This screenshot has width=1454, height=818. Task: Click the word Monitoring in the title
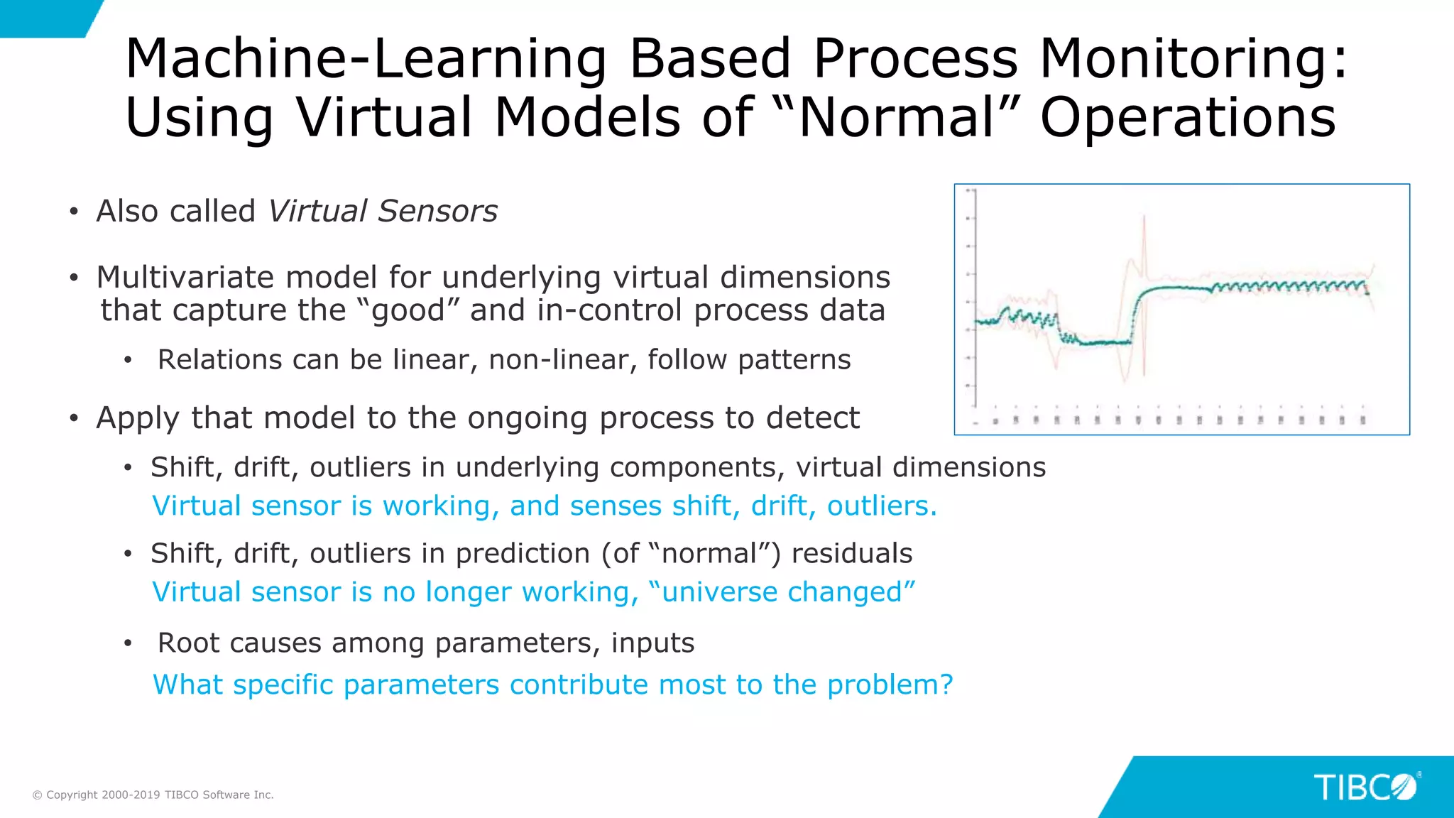(x=1193, y=58)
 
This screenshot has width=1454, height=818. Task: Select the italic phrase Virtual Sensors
(x=383, y=211)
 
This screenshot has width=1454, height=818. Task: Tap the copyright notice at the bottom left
(x=153, y=795)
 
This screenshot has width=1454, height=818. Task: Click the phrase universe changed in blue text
(x=781, y=591)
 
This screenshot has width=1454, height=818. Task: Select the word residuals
(x=851, y=553)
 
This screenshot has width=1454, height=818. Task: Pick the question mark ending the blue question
(x=946, y=685)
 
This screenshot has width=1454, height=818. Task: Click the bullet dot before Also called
(x=74, y=212)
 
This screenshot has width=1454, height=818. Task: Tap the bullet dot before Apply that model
(x=74, y=418)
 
